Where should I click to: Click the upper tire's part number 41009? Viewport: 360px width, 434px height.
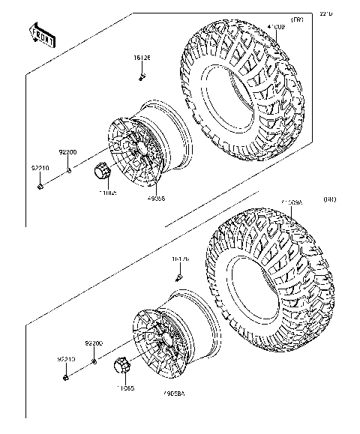click(x=276, y=28)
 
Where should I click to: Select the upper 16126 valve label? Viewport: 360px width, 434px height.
click(x=142, y=58)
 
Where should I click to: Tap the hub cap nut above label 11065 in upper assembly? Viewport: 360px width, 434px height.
click(x=103, y=172)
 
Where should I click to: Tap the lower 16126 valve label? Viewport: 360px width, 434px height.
click(x=180, y=259)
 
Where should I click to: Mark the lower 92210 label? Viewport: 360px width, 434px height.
click(x=66, y=360)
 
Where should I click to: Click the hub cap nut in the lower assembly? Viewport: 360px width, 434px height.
click(x=122, y=367)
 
